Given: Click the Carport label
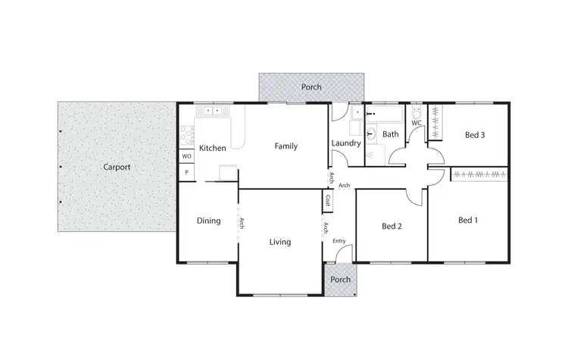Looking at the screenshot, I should [117, 167].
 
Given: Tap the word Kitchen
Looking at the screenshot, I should [213, 148].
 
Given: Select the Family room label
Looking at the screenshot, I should [286, 146].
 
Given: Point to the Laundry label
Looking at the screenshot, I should [345, 142].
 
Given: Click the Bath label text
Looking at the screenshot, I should [391, 134].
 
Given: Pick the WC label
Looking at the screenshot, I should [417, 123].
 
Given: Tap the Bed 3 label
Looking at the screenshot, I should [475, 135].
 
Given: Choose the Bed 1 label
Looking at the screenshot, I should [469, 221].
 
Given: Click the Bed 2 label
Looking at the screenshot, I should [392, 226].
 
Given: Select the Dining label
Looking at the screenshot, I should [208, 221].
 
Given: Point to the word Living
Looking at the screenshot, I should [280, 243].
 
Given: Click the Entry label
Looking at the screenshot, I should [339, 240].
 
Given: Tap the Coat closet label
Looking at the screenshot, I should [328, 201].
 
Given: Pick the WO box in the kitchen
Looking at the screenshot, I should [186, 156].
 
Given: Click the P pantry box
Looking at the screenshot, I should [186, 173].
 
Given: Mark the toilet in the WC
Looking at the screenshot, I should [417, 112].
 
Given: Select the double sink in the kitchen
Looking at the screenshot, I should [213, 111].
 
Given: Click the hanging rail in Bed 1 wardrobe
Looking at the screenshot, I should [479, 175].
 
